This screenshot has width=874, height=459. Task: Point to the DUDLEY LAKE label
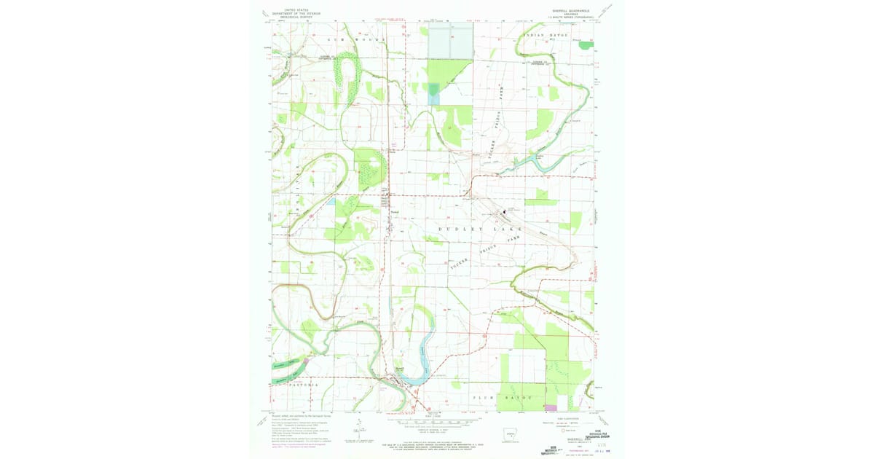(x=471, y=229)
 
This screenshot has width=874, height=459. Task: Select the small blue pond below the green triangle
(x=433, y=93)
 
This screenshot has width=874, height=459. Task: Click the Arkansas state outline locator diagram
(x=513, y=433)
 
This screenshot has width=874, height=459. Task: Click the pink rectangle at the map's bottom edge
(x=551, y=407)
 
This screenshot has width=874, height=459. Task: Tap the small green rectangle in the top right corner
(x=586, y=45)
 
